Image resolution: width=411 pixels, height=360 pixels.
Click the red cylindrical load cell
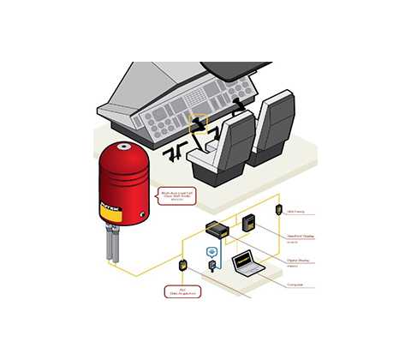tap(126, 184)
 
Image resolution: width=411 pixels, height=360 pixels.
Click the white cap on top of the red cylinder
tap(126, 147)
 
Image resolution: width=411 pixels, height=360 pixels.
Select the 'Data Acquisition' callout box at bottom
tap(182, 291)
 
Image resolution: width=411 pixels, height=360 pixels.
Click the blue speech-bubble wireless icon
tap(212, 252)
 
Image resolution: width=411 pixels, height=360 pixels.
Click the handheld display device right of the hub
tap(250, 223)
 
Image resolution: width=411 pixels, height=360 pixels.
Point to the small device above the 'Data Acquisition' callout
tap(182, 265)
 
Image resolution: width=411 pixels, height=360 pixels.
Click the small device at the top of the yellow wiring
tap(278, 209)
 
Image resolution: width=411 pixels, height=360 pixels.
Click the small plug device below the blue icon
tap(212, 268)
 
